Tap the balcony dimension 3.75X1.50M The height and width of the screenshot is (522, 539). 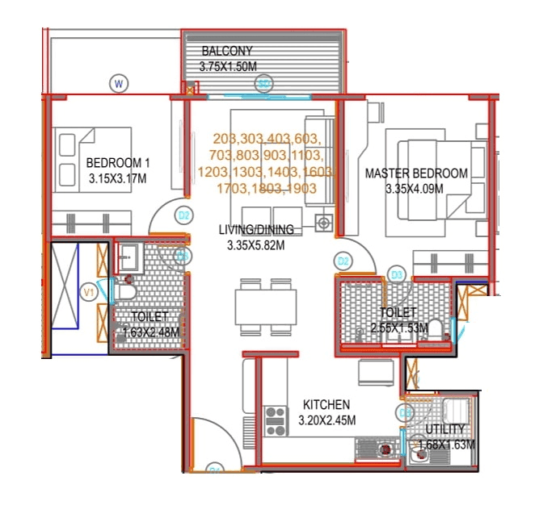pyautogui.click(x=227, y=66)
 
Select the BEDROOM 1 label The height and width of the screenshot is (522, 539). pyautogui.click(x=118, y=163)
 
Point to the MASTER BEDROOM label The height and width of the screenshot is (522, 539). pyautogui.click(x=416, y=173)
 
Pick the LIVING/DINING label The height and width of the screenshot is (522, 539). pyautogui.click(x=256, y=230)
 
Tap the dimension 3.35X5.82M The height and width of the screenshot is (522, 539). pyautogui.click(x=256, y=245)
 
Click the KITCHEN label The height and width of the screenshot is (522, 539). pyautogui.click(x=326, y=404)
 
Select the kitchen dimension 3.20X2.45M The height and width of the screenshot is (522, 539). pyautogui.click(x=326, y=420)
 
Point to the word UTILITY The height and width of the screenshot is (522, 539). pyautogui.click(x=445, y=428)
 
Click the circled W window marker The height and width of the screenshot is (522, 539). pyautogui.click(x=119, y=82)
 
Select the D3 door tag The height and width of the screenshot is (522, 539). pyautogui.click(x=396, y=275)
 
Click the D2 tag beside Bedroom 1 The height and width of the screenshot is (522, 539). pyautogui.click(x=184, y=215)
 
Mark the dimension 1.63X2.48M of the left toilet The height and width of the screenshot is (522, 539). pyautogui.click(x=150, y=331)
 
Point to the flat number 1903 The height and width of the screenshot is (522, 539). pyautogui.click(x=300, y=188)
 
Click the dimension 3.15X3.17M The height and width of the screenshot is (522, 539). pyautogui.click(x=118, y=178)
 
